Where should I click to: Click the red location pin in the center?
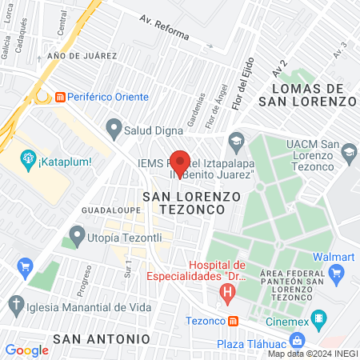180,160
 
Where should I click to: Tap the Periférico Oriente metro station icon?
60,97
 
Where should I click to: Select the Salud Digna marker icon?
114,126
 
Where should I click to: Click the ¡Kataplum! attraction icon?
28,159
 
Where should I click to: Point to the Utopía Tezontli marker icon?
77,235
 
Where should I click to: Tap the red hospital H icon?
228,294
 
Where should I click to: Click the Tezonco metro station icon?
234,321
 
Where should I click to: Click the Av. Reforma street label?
164,29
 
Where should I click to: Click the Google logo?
26,350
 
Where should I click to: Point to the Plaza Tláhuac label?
254,344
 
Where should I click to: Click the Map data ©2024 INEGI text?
312,354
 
